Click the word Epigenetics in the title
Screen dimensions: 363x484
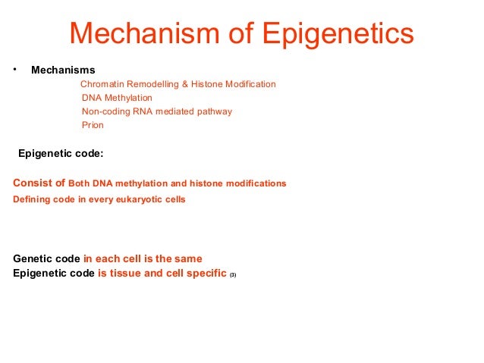[x=338, y=35]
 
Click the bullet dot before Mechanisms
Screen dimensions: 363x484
[x=14, y=70]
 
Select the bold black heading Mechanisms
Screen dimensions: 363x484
[x=63, y=70]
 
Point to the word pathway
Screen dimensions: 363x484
[x=213, y=111]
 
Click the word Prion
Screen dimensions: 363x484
[x=93, y=125]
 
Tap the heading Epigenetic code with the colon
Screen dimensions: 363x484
[x=61, y=153]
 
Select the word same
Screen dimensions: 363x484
[x=187, y=258]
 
